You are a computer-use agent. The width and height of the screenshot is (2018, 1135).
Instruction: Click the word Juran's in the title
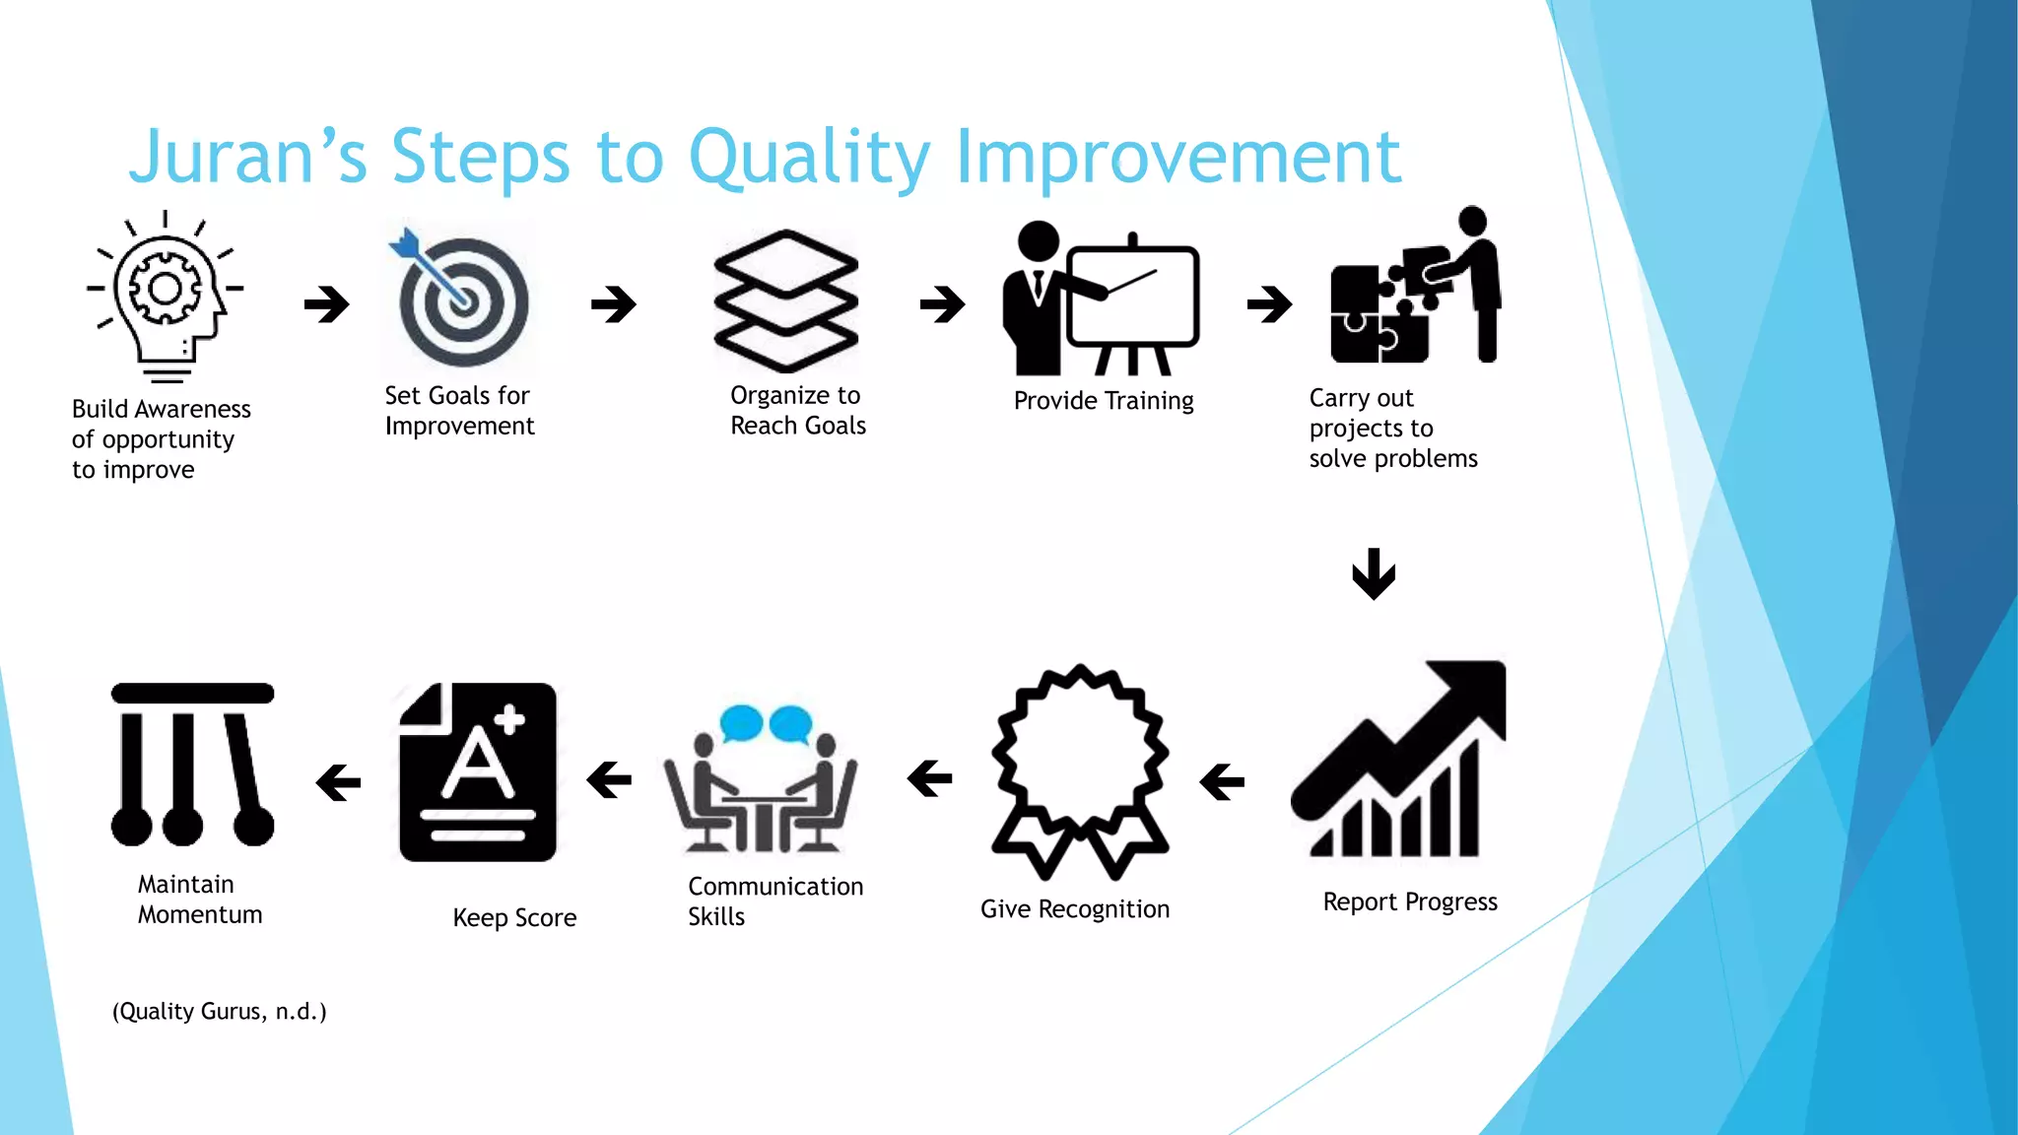tap(247, 157)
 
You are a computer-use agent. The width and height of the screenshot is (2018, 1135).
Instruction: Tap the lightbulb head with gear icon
tap(166, 296)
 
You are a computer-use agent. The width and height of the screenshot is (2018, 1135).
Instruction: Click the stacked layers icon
tap(785, 300)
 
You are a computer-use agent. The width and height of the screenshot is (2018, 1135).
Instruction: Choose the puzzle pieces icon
tap(1415, 290)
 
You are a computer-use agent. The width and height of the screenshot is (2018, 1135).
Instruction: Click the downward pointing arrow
tap(1374, 573)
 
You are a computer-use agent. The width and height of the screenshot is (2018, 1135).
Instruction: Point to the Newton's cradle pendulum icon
tap(192, 765)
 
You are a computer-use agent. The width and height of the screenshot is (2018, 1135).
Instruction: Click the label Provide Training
tap(1104, 401)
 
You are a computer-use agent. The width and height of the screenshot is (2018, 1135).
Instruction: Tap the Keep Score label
tap(514, 918)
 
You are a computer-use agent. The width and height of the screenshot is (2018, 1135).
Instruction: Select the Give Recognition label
tap(1075, 909)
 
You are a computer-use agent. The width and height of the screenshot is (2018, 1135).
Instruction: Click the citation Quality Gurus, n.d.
tap(219, 1012)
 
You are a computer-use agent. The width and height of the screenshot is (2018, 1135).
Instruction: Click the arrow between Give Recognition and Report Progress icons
tap(1222, 782)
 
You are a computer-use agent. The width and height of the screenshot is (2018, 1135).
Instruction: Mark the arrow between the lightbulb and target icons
tap(327, 303)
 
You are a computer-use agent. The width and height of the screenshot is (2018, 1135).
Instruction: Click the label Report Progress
tap(1410, 902)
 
